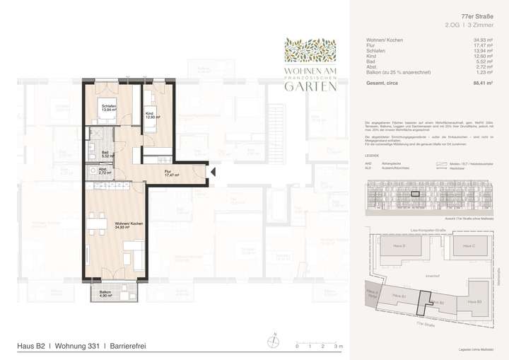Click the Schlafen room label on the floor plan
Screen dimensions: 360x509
[x=108, y=108]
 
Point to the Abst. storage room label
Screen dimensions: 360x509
[x=103, y=170]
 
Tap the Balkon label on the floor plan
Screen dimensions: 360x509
[x=105, y=294]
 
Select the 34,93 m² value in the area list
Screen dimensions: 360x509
[x=482, y=40]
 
